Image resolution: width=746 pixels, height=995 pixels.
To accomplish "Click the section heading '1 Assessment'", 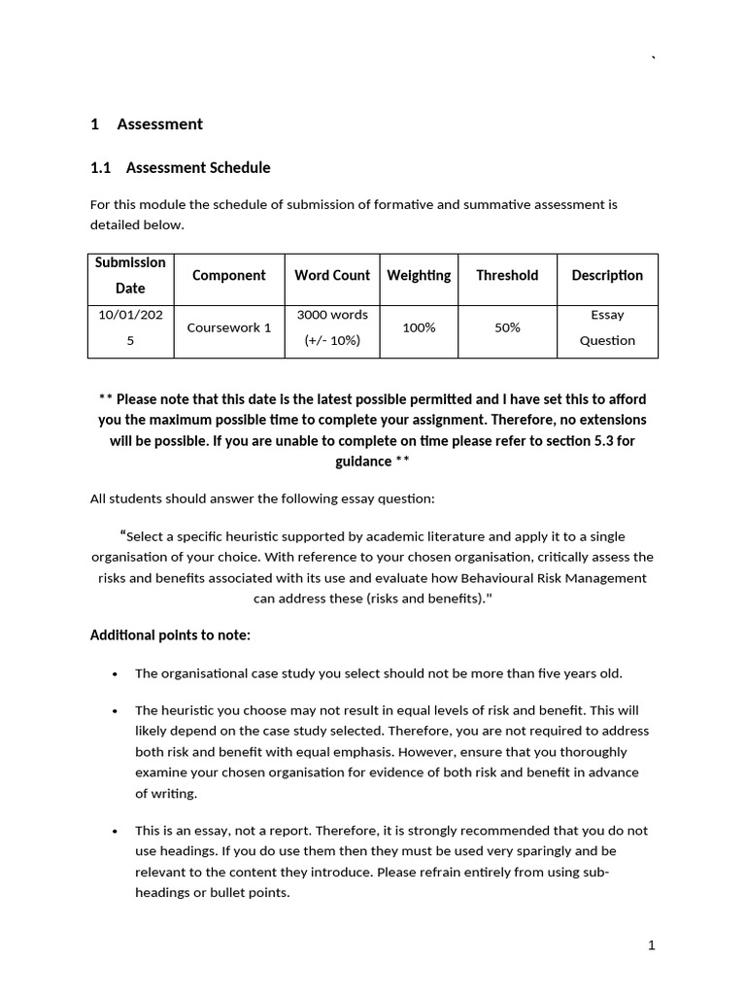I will coord(147,123).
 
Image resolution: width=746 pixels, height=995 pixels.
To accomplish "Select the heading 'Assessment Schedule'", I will coord(181,167).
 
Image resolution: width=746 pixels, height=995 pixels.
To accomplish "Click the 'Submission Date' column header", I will coord(130,275).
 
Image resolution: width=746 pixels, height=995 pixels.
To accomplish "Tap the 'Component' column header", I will coord(228,275).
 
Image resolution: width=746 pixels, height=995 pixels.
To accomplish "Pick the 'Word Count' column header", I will coord(332,275).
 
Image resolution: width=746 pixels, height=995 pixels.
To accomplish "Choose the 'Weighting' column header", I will coord(419,275).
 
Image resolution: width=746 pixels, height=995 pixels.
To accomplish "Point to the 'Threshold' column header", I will coord(506,275).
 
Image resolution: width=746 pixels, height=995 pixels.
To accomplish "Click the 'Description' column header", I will coord(607,275).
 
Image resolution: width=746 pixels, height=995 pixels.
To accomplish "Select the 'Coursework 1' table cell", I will coord(229,327).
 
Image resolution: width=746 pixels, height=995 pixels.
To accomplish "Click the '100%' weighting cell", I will coord(419,327).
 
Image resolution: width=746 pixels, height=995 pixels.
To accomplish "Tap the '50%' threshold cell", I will coord(507,327).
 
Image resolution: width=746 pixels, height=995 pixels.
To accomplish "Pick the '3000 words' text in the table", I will coord(332,315).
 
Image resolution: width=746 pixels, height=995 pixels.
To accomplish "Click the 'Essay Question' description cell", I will coord(607,327).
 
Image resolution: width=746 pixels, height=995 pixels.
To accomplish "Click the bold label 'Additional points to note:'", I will coord(170,635).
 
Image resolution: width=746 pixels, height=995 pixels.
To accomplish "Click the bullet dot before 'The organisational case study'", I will coord(116,673).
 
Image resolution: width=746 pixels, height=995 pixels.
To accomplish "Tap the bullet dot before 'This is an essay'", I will coord(116,831).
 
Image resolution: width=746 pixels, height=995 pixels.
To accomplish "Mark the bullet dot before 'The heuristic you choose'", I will coord(116,711).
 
